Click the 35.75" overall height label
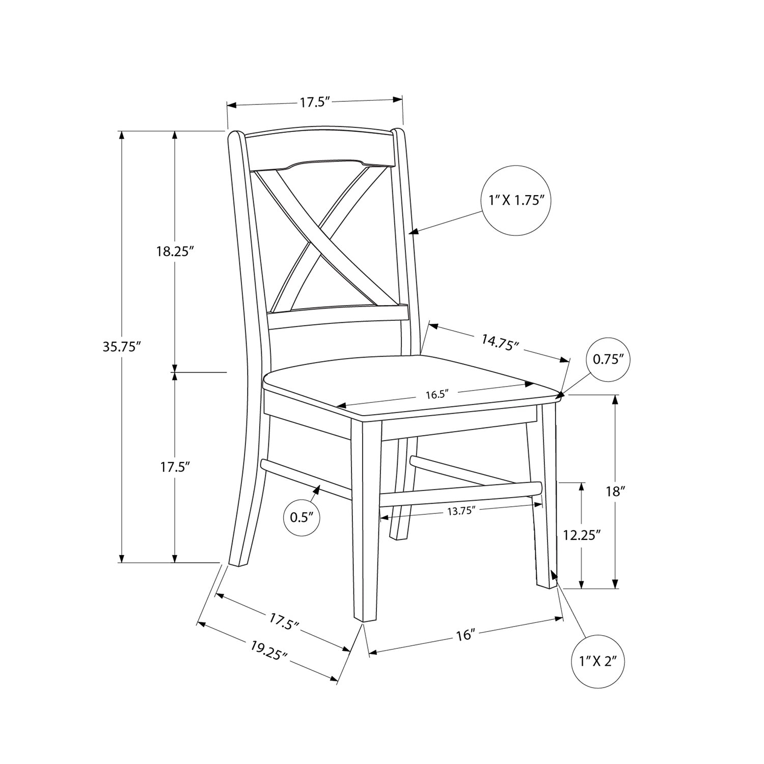tap(121, 347)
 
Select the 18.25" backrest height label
tap(176, 251)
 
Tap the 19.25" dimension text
tap(269, 650)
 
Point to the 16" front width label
tap(466, 635)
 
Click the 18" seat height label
tap(616, 492)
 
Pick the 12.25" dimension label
tap(582, 535)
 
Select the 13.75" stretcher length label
tap(461, 511)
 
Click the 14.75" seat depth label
tap(500, 342)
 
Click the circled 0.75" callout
tap(609, 360)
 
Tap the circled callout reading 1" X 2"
tap(598, 662)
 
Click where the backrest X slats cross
tap(315, 233)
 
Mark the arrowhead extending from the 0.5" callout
tap(317, 490)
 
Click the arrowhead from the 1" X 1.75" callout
tap(415, 232)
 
